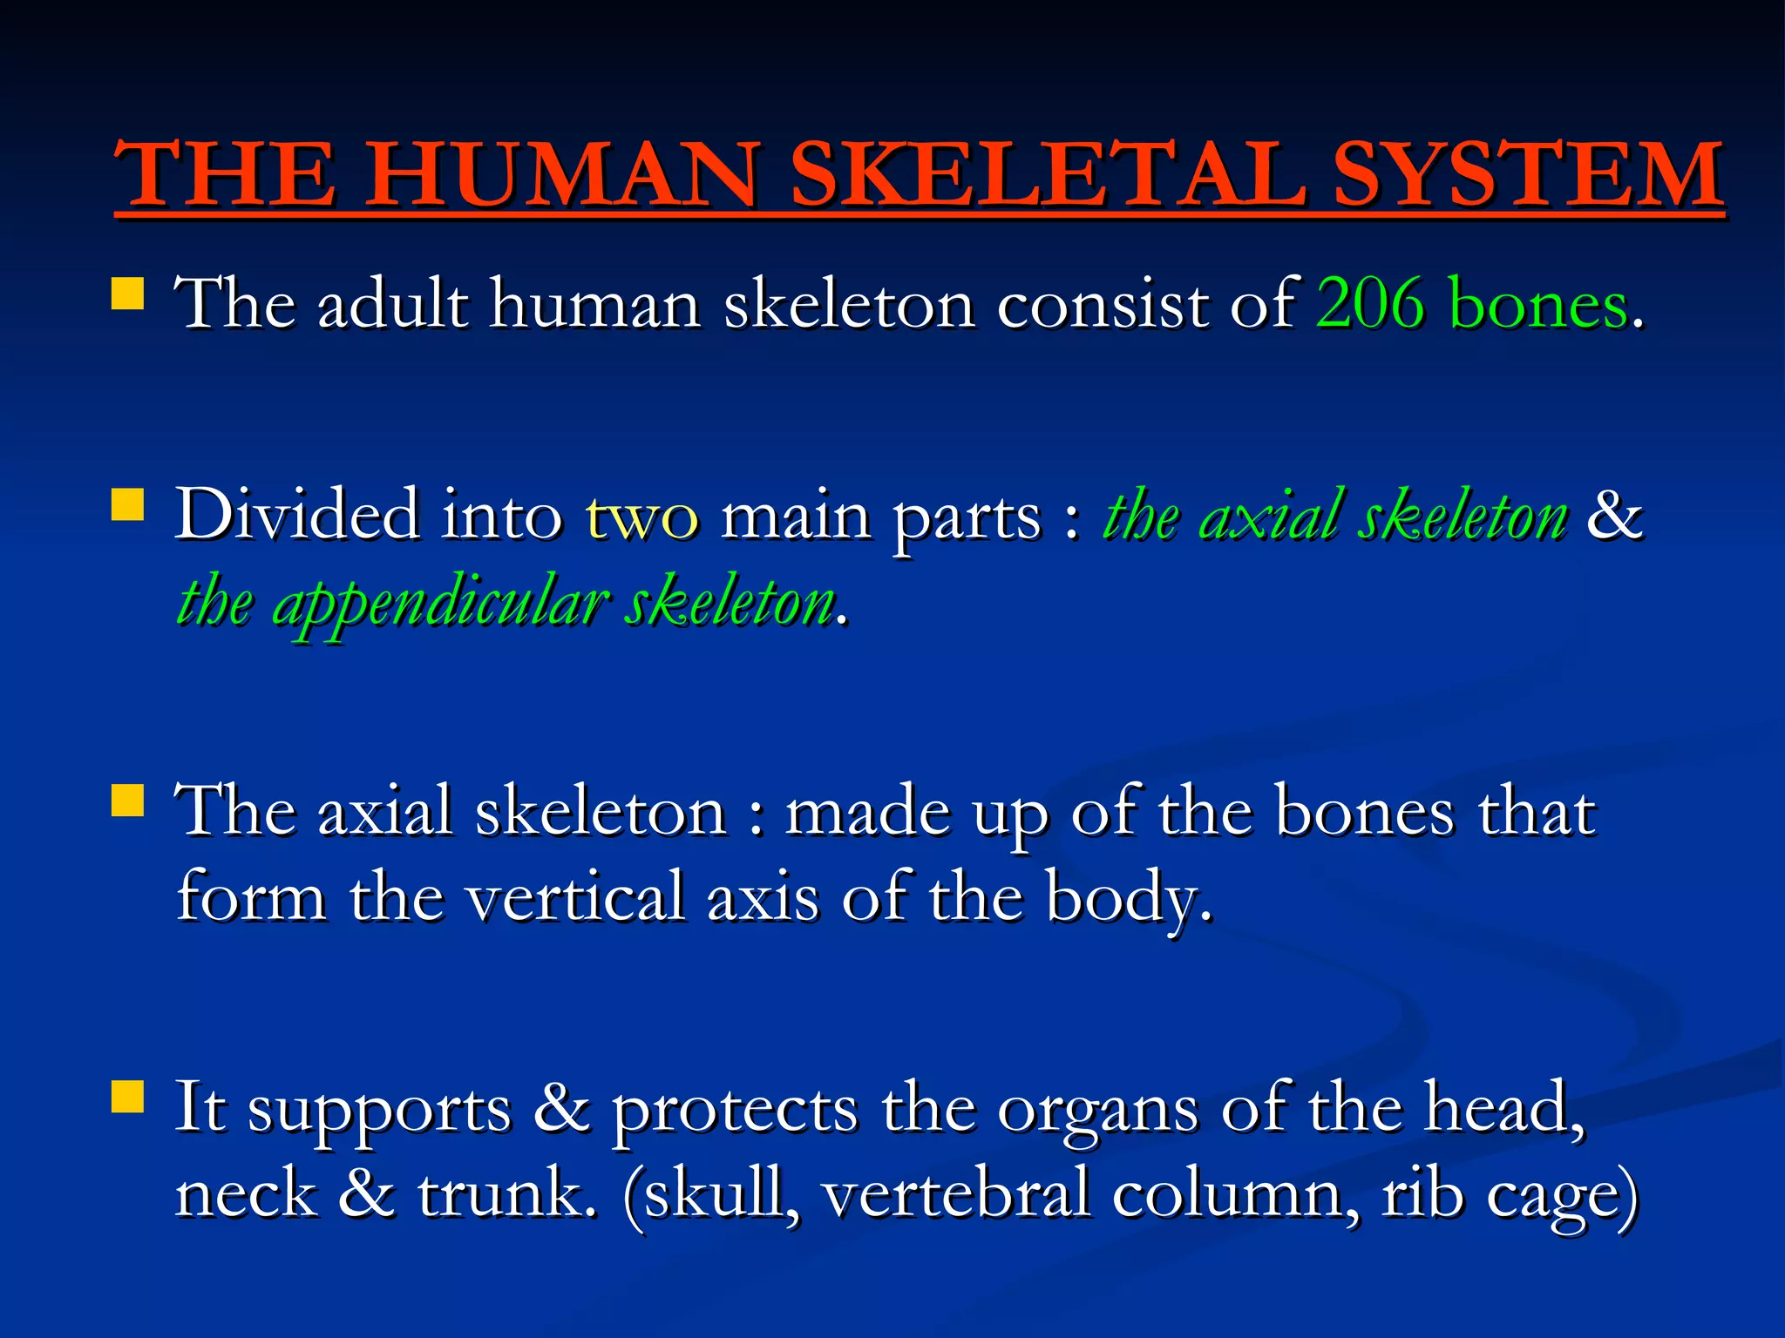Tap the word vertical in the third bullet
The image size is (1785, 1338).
575,897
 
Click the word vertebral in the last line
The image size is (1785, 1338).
955,1193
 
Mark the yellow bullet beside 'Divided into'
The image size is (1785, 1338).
128,503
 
